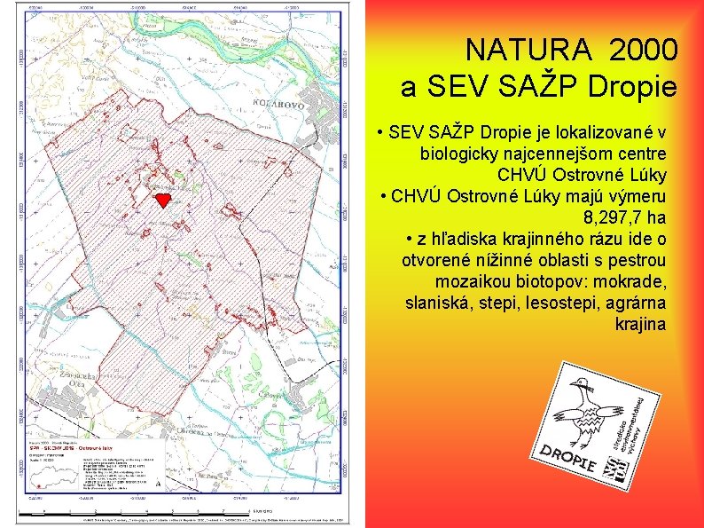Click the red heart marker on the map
coord(162,199)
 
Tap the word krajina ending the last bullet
coord(639,324)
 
